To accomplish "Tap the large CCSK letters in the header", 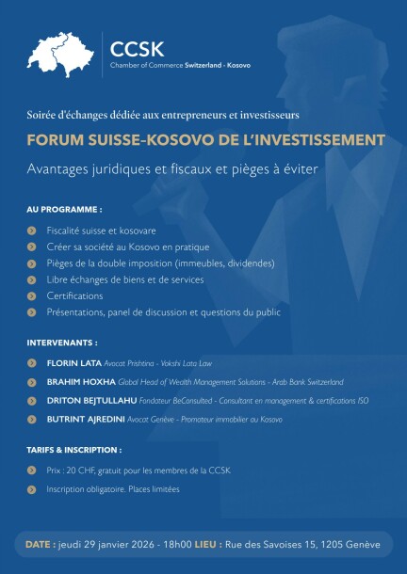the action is (x=137, y=48).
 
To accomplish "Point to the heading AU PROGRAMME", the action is (x=64, y=208).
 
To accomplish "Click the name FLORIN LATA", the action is (x=73, y=362).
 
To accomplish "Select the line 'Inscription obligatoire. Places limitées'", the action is (x=112, y=489).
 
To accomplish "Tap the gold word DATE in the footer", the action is (x=40, y=545).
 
